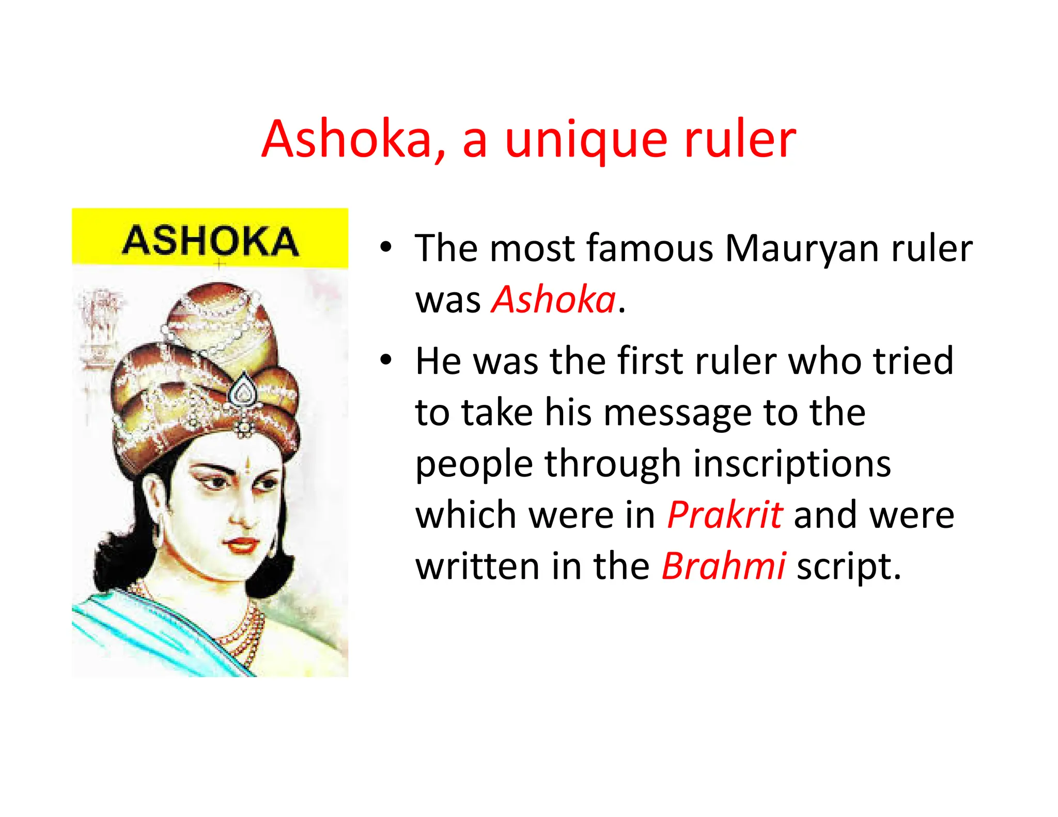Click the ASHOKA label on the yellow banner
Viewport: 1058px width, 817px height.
coord(210,241)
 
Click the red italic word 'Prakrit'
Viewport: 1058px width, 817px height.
coord(725,515)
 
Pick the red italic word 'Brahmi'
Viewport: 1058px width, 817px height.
coord(724,567)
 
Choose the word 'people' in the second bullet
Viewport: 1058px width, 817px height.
coord(474,464)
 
